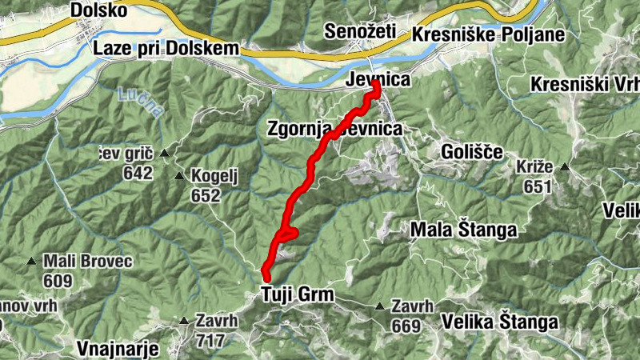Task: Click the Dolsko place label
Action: (x=98, y=10)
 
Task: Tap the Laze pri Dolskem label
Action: (x=166, y=48)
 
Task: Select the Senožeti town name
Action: (x=360, y=32)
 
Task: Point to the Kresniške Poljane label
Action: (x=488, y=35)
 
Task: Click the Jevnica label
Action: (x=378, y=80)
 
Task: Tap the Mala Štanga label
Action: (x=463, y=230)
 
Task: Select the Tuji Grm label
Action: (x=297, y=296)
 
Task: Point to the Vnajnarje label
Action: (x=120, y=348)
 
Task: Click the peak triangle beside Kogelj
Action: (x=178, y=175)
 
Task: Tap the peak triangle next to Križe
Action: (x=565, y=167)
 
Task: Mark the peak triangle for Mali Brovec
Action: (x=32, y=261)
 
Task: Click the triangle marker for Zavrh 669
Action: (x=380, y=306)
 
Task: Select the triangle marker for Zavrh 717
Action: (x=184, y=322)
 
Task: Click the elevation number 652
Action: (x=206, y=194)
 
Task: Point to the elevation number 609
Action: (x=58, y=281)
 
